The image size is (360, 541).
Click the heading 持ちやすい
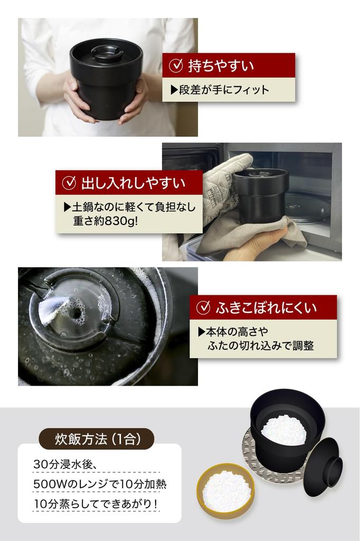221,66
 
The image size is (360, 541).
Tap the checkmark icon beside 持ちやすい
176,66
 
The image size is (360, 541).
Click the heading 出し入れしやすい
133,183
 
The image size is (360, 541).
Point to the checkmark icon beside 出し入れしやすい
70,183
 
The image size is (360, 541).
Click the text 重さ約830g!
105,221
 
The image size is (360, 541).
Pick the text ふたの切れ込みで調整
261,346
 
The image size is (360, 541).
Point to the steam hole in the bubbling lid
77,312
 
